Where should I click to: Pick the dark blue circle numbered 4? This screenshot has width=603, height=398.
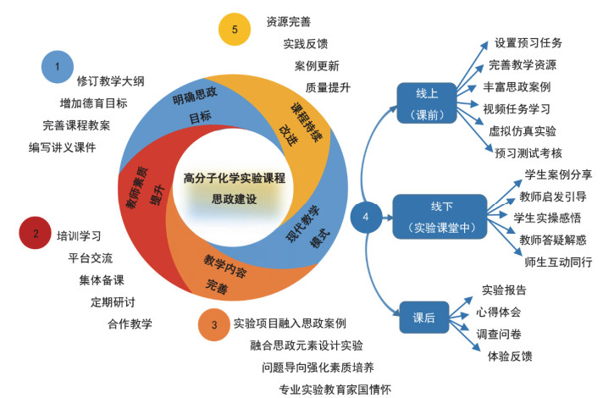(x=365, y=217)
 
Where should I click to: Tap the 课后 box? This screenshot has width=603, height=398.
(x=423, y=318)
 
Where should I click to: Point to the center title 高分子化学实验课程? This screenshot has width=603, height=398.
(x=234, y=180)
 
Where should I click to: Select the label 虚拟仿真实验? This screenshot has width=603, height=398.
(x=523, y=130)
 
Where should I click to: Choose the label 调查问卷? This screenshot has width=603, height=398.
(x=503, y=334)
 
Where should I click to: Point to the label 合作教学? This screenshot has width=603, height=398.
(x=130, y=323)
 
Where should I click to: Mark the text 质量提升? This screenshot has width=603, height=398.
(x=327, y=87)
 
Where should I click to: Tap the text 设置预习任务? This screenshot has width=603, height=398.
(x=528, y=42)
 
